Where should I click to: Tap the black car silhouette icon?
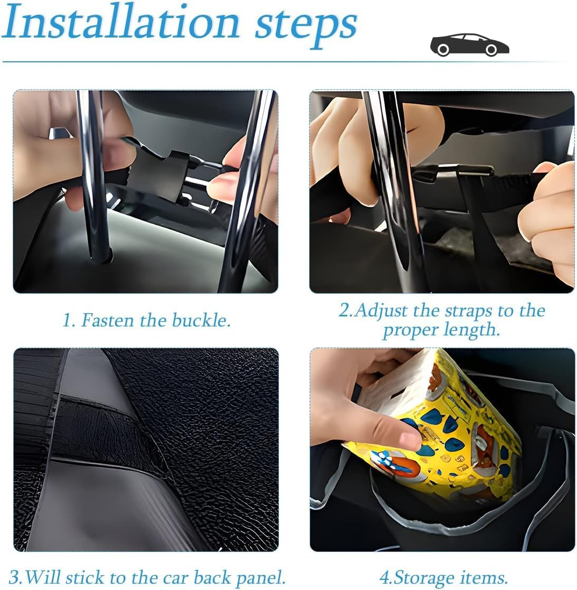click(469, 44)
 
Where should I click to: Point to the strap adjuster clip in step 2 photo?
click(454, 172)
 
